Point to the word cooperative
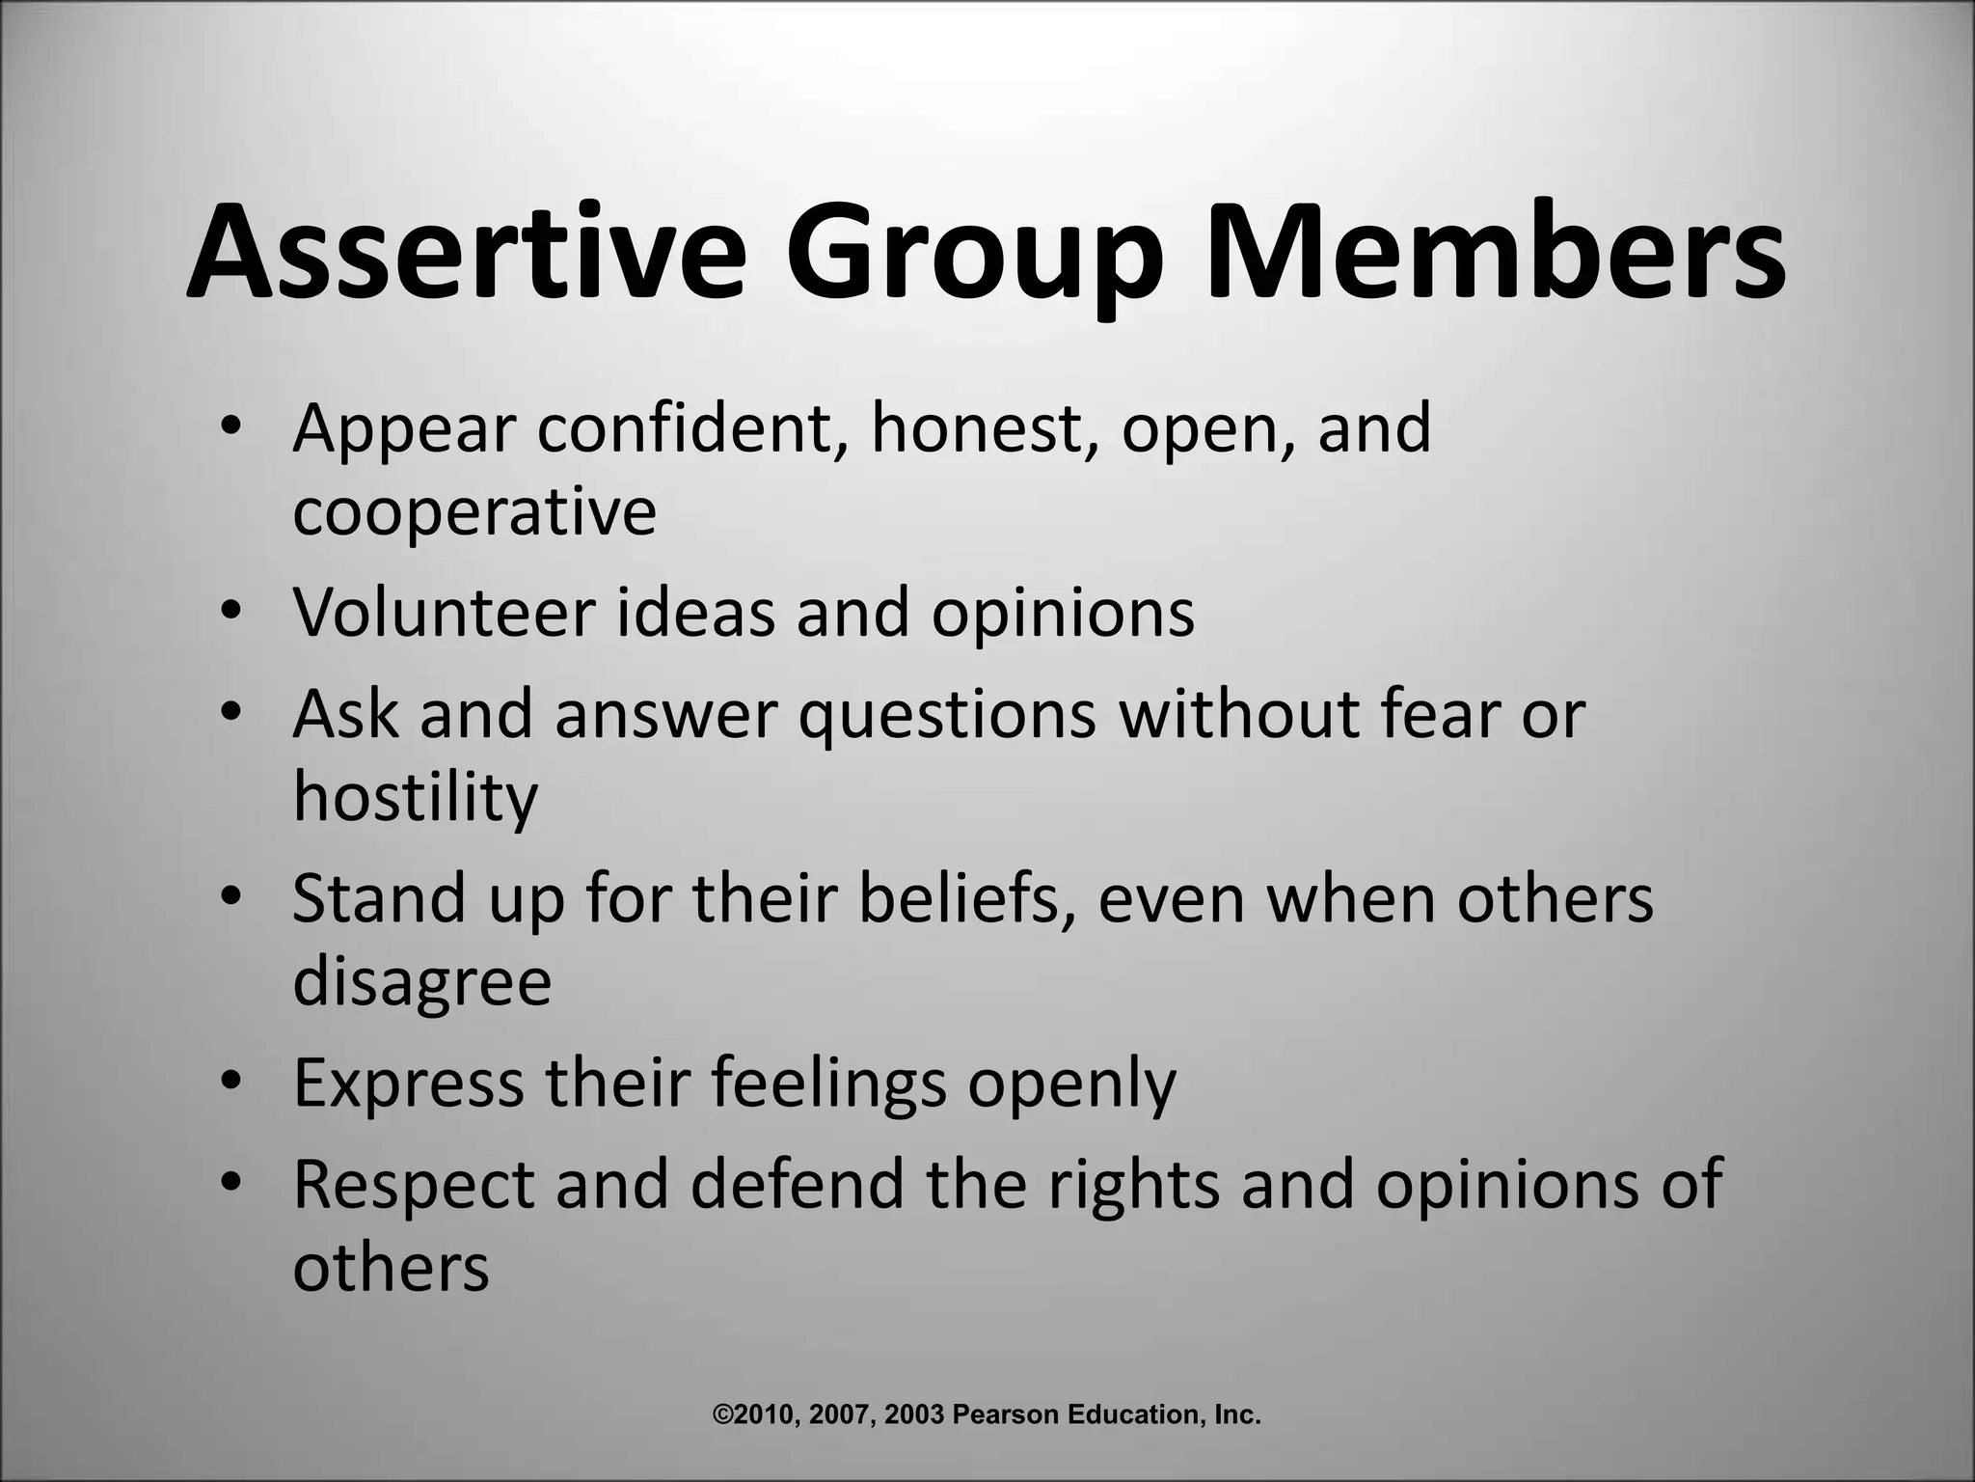tap(473, 514)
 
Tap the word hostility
tap(415, 799)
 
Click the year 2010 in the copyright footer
tap(765, 1415)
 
